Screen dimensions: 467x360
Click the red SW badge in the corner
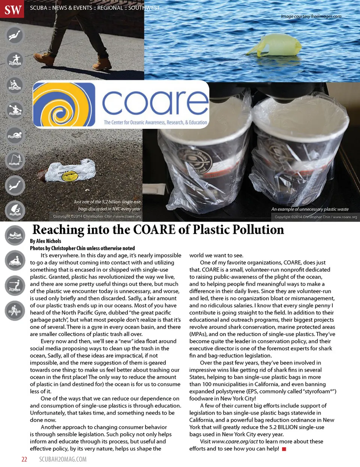[12, 9]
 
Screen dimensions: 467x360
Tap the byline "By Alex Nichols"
[45, 241]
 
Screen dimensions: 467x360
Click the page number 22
[24, 459]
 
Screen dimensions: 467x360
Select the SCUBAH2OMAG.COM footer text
[63, 459]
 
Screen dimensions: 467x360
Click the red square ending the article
[284, 449]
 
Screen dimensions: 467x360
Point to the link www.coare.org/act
[235, 441]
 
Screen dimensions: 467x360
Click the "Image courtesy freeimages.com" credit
[311, 16]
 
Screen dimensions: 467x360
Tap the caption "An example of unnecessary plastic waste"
[310, 209]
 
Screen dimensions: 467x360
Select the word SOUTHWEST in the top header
[144, 8]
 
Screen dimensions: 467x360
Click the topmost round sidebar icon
[15, 35]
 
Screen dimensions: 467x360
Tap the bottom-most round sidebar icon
[15, 310]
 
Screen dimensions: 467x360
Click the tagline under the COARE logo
[155, 122]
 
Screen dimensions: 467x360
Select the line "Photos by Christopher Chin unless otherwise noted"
[82, 248]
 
